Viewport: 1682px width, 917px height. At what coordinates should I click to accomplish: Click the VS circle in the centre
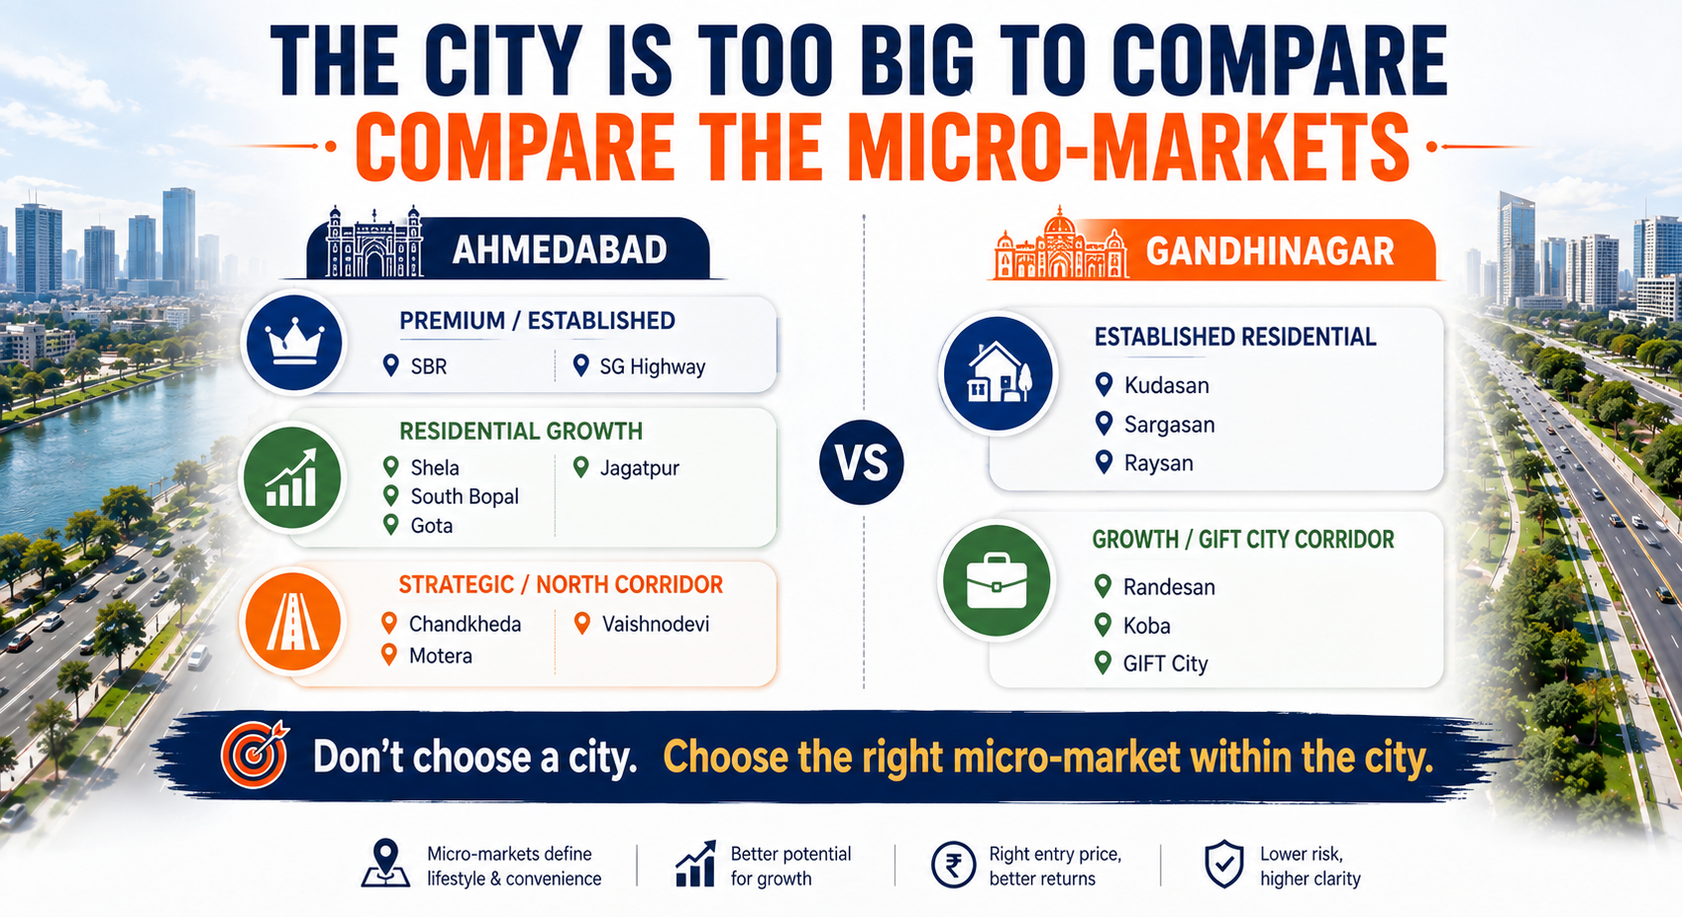coord(861,461)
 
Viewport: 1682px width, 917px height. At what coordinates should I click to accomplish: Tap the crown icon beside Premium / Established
coord(293,343)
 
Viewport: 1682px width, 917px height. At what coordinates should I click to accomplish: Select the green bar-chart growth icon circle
coord(292,478)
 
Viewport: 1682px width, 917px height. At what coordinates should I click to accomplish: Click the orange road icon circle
coord(292,621)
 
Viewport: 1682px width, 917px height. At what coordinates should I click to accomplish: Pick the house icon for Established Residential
coord(998,373)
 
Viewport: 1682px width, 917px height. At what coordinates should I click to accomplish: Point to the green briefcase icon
coord(997,581)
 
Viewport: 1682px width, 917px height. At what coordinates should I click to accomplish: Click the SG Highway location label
coord(653,367)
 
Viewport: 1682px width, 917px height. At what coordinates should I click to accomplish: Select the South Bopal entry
coord(464,497)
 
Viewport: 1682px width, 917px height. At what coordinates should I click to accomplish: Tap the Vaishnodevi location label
coord(656,624)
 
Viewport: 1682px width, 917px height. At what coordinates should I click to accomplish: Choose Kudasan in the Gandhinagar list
coord(1166,385)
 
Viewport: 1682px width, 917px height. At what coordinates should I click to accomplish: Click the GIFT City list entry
coord(1165,663)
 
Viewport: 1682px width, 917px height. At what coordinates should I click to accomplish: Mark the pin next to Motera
coord(389,655)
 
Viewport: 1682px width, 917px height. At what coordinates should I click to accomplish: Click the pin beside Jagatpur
coord(580,467)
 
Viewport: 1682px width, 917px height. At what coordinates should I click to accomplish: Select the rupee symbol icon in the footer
coord(953,866)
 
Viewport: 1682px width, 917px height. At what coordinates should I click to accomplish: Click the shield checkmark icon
coord(1224,864)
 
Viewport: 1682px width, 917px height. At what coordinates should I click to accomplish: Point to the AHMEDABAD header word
coord(560,250)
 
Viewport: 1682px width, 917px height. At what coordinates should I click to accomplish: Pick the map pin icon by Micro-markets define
coord(385,863)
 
